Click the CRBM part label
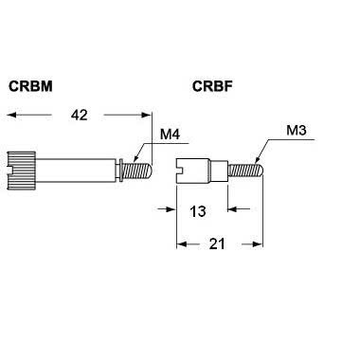coord(30,86)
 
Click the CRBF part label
coord(212,86)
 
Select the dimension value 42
coord(79,115)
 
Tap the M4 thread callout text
coord(170,135)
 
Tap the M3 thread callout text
coord(297,130)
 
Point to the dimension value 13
coord(198,211)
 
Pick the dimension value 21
coord(217,243)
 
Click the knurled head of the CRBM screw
coord(22,171)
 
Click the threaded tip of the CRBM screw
coord(137,171)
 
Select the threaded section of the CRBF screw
coord(245,171)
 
